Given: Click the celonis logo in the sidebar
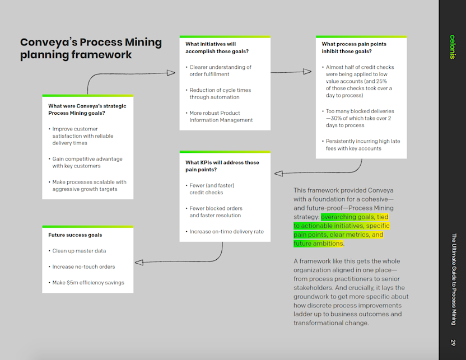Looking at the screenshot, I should pos(453,47).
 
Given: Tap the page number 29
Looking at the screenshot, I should pos(453,342).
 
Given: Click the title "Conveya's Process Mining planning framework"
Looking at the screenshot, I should pos(91,49).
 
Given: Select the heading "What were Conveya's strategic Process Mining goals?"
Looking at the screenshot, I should pos(87,109).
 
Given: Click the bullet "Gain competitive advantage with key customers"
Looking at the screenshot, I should pos(87,162).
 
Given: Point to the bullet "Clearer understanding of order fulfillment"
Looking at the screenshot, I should pos(220,71).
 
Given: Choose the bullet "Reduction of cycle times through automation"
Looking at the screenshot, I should pos(220,93).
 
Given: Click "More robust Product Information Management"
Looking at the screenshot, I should pos(221,116).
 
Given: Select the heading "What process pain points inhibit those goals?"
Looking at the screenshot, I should pos(354,48).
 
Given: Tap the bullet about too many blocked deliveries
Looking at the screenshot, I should pos(360,118).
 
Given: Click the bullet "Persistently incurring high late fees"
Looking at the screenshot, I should pos(362,144).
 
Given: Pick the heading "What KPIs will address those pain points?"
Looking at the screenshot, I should pos(222,166).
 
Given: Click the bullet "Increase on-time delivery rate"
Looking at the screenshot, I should pos(226,231).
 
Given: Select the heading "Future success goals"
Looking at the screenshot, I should pos(75,235).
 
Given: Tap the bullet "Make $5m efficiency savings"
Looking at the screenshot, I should pos(88,283).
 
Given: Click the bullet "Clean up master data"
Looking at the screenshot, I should pos(78,251).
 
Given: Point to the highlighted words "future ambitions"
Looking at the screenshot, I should pos(318,244).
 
